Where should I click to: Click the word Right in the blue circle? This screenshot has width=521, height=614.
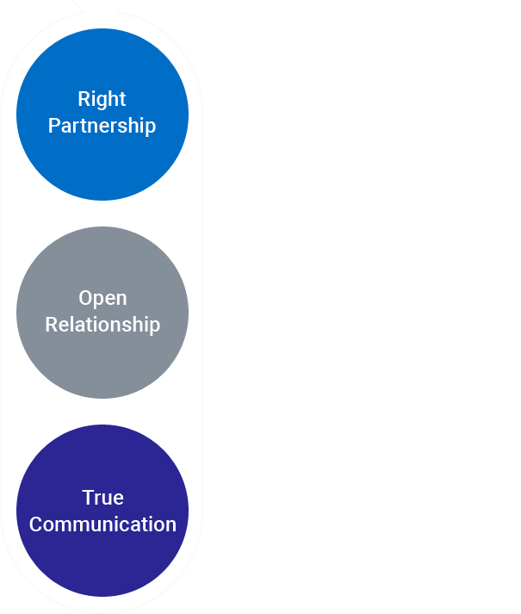[102, 99]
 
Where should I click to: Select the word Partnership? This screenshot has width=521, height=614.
[102, 126]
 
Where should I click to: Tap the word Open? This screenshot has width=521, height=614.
[102, 299]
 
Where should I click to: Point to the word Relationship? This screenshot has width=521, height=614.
[102, 325]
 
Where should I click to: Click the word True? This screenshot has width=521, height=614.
[102, 498]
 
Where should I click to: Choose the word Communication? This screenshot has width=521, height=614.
[102, 524]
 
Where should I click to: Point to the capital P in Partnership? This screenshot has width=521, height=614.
[53, 126]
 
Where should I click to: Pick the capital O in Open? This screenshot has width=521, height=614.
[85, 298]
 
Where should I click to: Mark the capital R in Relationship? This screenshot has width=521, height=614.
[51, 325]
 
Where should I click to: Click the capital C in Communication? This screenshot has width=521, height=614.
[35, 524]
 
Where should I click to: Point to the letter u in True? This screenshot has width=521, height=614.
[106, 499]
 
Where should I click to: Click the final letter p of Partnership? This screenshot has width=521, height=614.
[151, 127]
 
